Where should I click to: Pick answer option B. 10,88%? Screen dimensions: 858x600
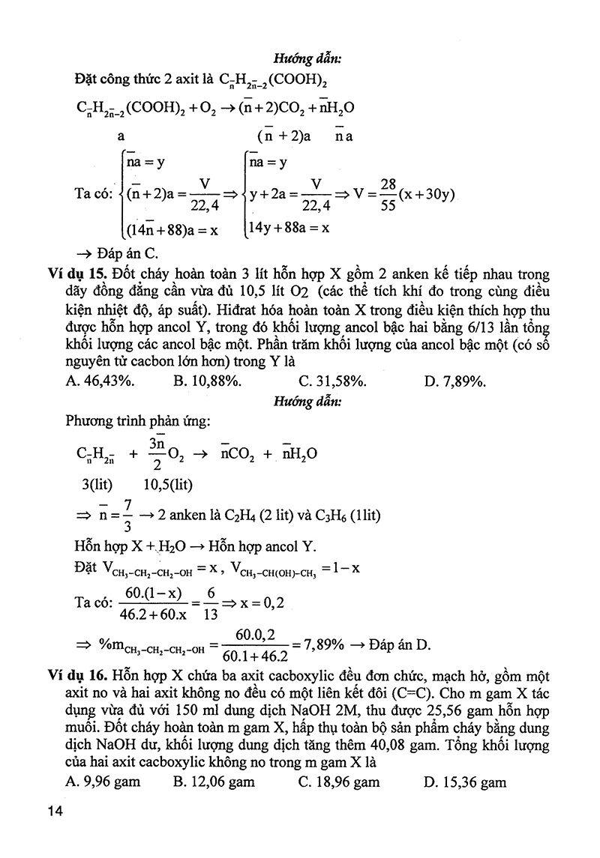click(207, 381)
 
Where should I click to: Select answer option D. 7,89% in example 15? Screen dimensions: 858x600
click(455, 381)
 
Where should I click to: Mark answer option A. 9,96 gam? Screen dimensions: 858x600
click(103, 782)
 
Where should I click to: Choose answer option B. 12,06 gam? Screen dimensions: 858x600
click(214, 782)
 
